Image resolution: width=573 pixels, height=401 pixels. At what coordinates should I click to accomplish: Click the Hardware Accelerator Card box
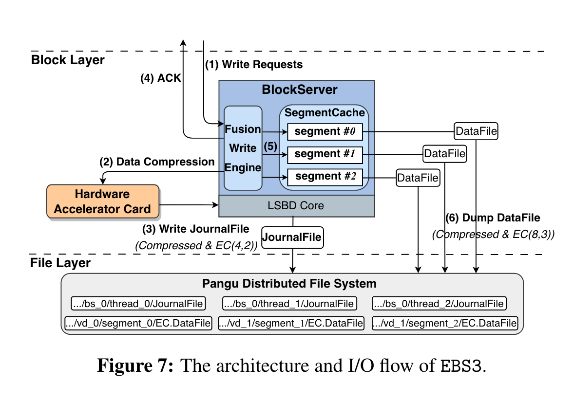coord(103,201)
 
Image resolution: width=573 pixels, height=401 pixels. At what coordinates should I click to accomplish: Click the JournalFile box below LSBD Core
coord(292,237)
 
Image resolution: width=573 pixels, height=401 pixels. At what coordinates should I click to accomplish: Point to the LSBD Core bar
coord(296,206)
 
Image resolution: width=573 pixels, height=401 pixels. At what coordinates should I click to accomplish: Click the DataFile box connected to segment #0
coord(476,131)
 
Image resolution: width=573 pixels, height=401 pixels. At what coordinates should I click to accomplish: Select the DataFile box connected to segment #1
coord(444,154)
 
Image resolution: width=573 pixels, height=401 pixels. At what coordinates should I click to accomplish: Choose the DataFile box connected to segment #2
coord(418,178)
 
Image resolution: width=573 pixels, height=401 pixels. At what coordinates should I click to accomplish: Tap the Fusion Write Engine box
coord(243,148)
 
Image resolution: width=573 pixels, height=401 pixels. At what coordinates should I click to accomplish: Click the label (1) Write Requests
coord(253,65)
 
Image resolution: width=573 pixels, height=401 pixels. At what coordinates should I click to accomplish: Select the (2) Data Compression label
coord(157,162)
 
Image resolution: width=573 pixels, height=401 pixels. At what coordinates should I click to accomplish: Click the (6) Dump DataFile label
coord(493,218)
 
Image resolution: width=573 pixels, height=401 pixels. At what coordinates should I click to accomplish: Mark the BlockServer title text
coord(299,90)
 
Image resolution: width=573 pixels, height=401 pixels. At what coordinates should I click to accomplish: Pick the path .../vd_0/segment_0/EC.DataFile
coord(138,323)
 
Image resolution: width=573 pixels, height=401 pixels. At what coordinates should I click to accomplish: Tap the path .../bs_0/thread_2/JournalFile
coord(439,304)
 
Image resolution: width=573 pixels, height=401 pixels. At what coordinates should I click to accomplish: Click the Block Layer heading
coord(68,60)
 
